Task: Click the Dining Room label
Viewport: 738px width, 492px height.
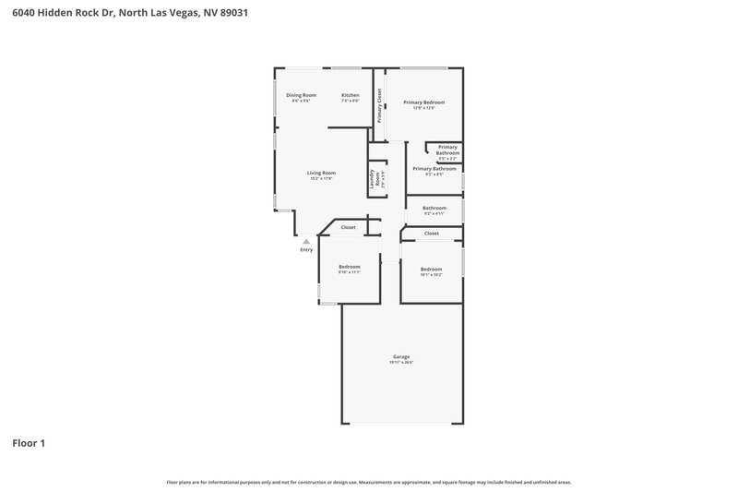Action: pyautogui.click(x=301, y=95)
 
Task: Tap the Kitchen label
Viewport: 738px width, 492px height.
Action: pyautogui.click(x=350, y=95)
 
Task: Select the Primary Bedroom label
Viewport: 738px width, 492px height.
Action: pyautogui.click(x=424, y=102)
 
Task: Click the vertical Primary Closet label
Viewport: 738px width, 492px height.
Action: pyautogui.click(x=379, y=105)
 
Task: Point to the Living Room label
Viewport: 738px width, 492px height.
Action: pyautogui.click(x=321, y=173)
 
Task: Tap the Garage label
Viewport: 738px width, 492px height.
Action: pyautogui.click(x=401, y=356)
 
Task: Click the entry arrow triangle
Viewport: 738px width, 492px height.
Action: pyautogui.click(x=306, y=242)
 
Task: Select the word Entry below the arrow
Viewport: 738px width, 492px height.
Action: pyautogui.click(x=306, y=250)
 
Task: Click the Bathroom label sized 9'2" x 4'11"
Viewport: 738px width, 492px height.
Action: pyautogui.click(x=434, y=208)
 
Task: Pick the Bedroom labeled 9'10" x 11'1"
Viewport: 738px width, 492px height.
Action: pyautogui.click(x=349, y=267)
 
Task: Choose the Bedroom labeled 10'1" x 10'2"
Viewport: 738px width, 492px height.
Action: pyautogui.click(x=432, y=269)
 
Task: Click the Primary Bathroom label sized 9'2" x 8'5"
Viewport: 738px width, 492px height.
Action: pyautogui.click(x=434, y=169)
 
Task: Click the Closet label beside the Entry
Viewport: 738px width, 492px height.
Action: pyautogui.click(x=349, y=227)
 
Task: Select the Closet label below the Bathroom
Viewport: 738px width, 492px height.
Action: pyautogui.click(x=432, y=234)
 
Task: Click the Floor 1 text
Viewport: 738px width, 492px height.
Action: pyautogui.click(x=29, y=443)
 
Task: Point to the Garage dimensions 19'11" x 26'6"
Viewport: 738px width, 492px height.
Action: pyautogui.click(x=401, y=363)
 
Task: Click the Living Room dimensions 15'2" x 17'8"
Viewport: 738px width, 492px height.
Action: pyautogui.click(x=321, y=178)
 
